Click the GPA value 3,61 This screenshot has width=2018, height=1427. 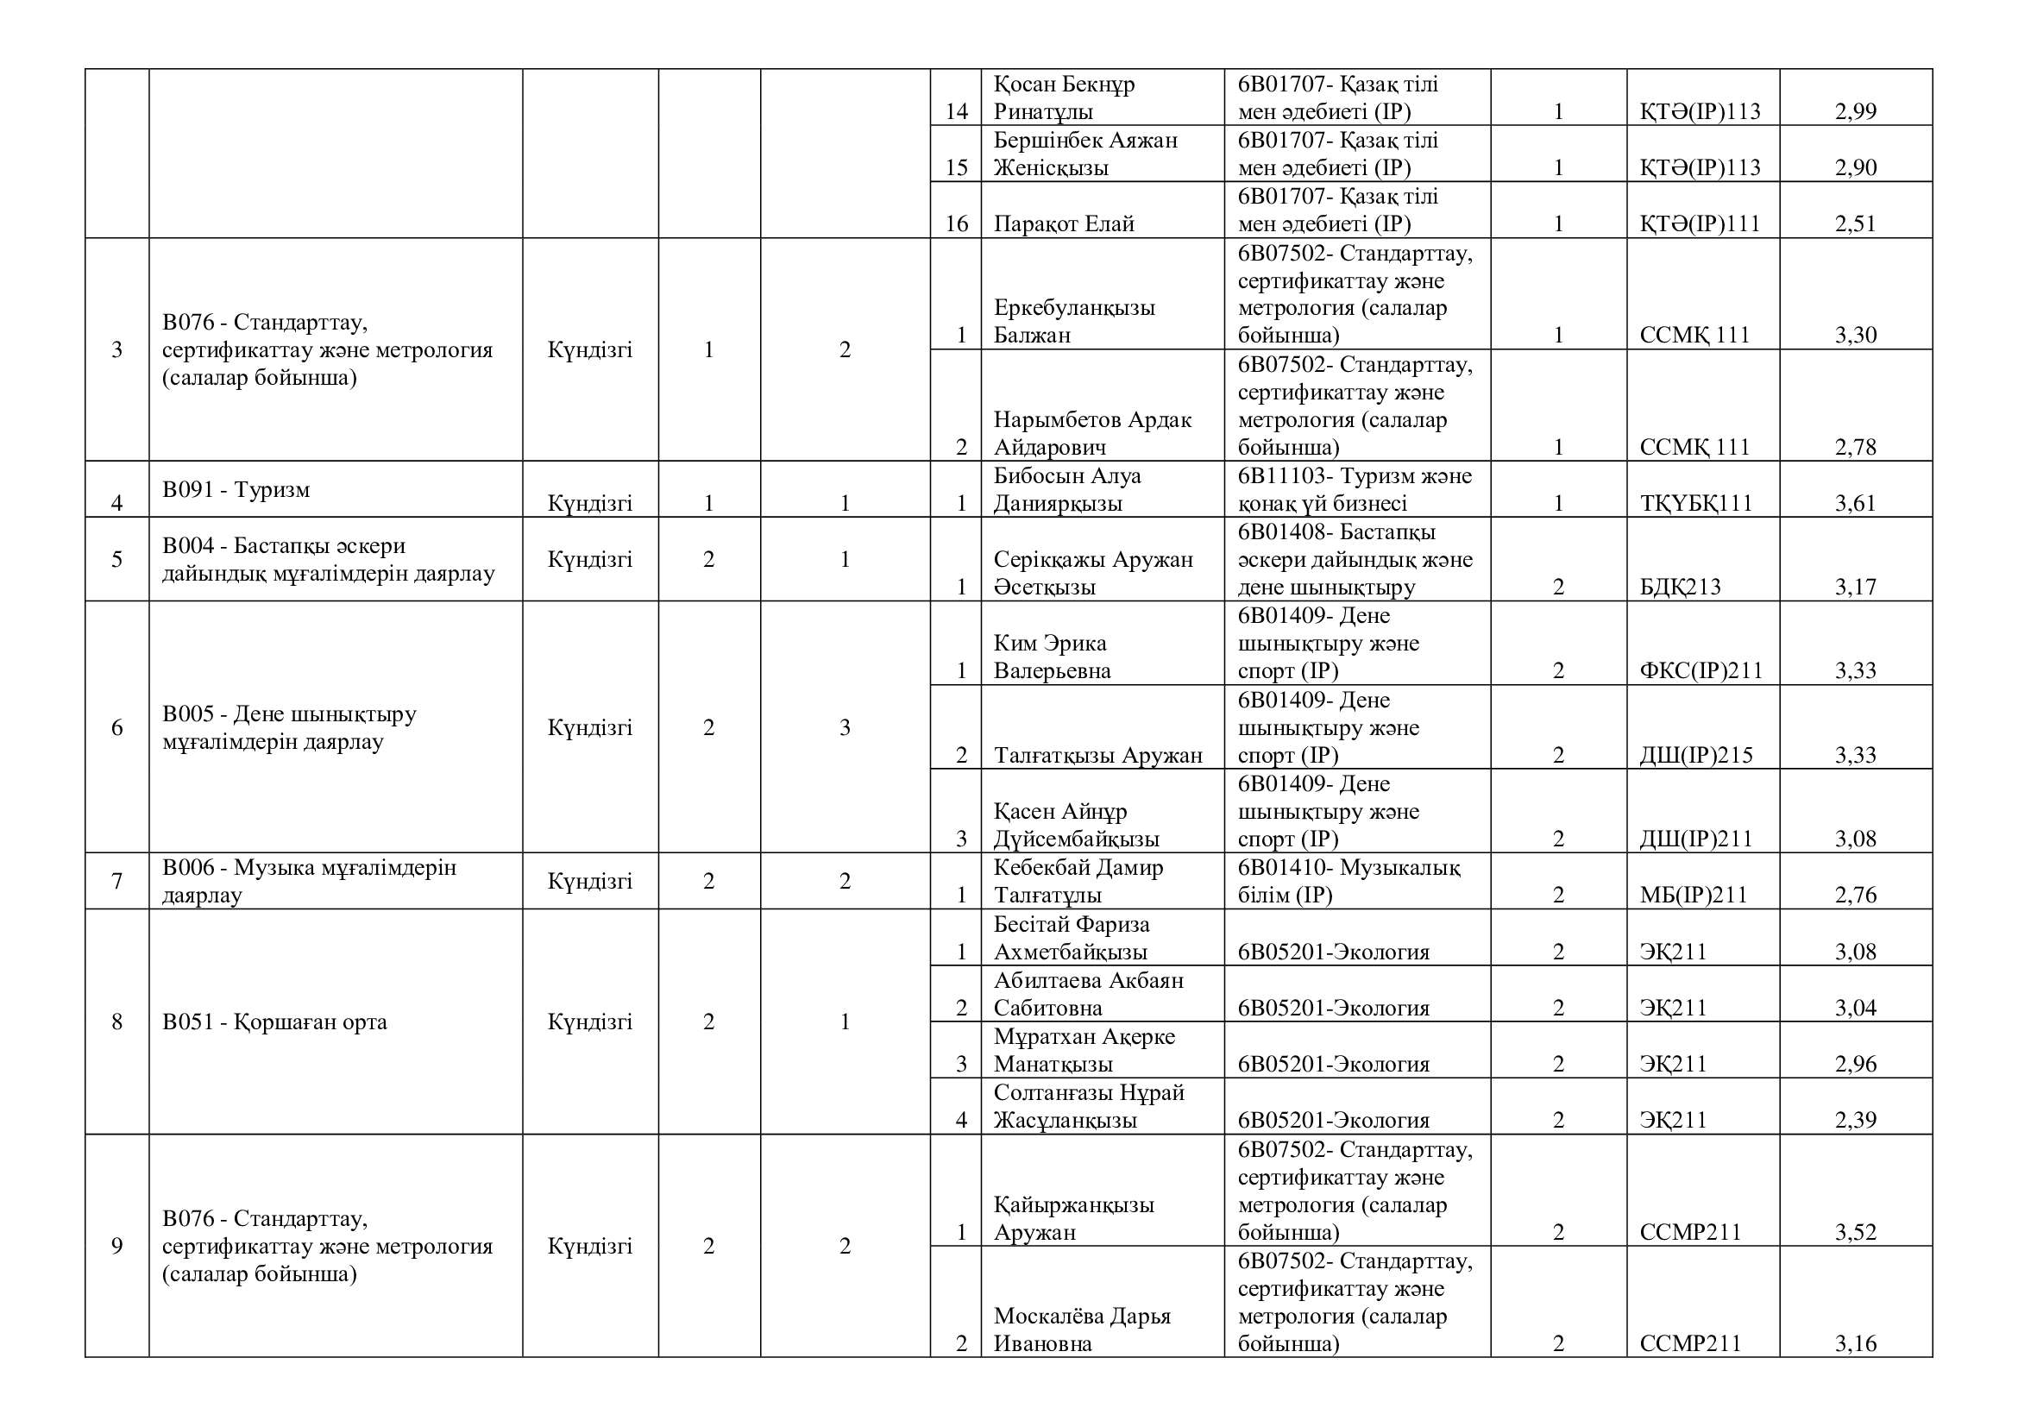[x=1855, y=504]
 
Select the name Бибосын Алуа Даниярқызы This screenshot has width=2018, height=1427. [x=1067, y=489]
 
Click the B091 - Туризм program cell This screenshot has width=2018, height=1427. [x=236, y=489]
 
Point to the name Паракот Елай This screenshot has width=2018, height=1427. [x=1064, y=224]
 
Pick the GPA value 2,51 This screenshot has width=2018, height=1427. [x=1855, y=224]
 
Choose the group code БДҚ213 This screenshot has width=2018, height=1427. [x=1680, y=587]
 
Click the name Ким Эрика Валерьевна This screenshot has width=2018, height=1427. [x=1052, y=657]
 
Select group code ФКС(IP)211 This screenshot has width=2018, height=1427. [x=1701, y=671]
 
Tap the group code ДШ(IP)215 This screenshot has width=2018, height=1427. [x=1695, y=756]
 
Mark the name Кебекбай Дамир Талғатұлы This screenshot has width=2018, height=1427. [x=1078, y=882]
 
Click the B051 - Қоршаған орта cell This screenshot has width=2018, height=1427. [x=274, y=1022]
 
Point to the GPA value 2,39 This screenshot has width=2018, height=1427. [x=1855, y=1121]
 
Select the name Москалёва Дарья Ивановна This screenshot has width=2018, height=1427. [x=1082, y=1330]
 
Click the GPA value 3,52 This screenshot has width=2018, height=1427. [x=1855, y=1232]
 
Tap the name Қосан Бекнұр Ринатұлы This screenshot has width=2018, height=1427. [x=1064, y=97]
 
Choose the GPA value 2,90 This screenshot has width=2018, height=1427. [x=1855, y=168]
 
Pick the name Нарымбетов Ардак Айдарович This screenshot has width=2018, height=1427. [x=1091, y=433]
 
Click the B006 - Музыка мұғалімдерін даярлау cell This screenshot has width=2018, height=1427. [x=309, y=882]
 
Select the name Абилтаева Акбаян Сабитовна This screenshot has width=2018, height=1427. [x=1088, y=994]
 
